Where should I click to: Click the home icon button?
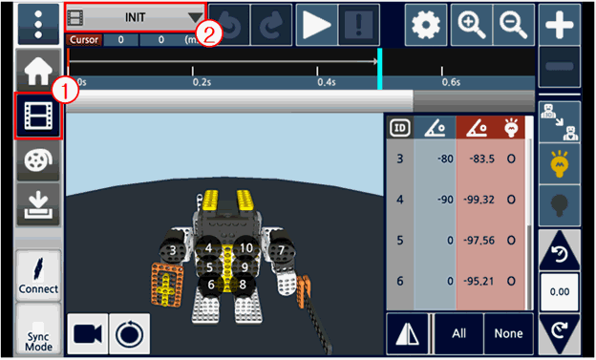pos(38,71)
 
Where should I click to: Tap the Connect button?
pos(38,275)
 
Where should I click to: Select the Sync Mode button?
pos(38,329)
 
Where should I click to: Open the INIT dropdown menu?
pos(136,17)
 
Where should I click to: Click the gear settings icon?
pos(426,25)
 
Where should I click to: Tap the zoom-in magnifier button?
pos(472,25)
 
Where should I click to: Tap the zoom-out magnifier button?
pos(514,25)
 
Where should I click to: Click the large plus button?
pos(559,25)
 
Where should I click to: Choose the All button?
pos(458,333)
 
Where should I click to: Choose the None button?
pos(508,333)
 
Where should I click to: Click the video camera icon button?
pos(88,334)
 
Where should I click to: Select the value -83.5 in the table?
pos(482,159)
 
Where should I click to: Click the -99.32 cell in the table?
pos(479,200)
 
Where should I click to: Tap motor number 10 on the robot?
pos(245,248)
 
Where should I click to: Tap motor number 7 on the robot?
pos(281,250)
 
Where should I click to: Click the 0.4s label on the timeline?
pos(327,82)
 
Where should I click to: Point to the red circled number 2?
pos(208,35)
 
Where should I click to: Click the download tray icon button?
pos(38,204)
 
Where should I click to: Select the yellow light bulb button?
pos(559,164)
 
